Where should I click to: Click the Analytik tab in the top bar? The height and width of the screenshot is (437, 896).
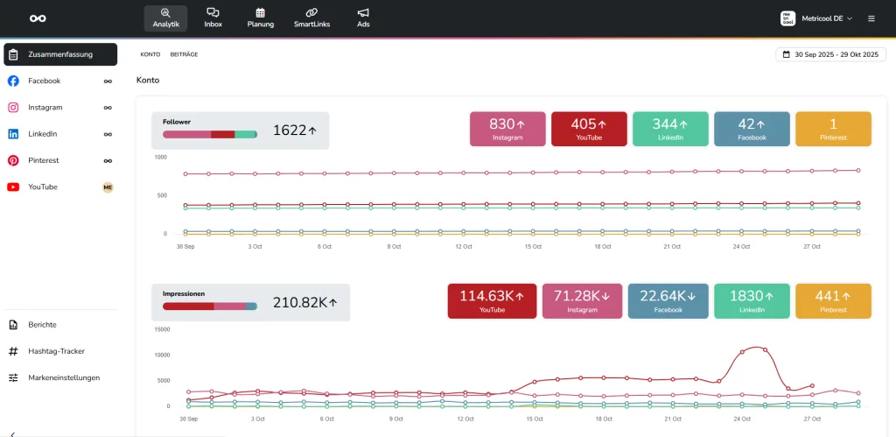point(164,18)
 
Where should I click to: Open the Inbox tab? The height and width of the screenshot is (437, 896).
point(213,18)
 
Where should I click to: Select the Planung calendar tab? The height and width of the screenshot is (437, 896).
point(261,18)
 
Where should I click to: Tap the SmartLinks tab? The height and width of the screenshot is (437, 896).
point(311,18)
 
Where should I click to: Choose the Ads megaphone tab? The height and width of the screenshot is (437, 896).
point(363,18)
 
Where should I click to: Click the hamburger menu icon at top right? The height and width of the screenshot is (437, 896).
point(871,18)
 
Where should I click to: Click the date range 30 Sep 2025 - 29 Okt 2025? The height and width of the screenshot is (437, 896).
point(831,54)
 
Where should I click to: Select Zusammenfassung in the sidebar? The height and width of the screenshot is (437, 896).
point(60,54)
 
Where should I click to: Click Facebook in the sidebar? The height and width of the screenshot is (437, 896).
point(45,81)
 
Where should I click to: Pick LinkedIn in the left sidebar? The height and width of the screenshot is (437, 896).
point(43,134)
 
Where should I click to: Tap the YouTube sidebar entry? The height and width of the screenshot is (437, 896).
point(43,187)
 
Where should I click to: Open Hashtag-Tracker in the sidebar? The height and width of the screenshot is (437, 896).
point(57,351)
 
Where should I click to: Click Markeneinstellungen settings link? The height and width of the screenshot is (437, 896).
point(64,377)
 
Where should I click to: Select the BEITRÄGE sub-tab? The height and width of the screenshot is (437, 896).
point(184,54)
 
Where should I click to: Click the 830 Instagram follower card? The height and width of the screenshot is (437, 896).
point(507,129)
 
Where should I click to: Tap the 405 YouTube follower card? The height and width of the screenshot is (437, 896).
point(589,129)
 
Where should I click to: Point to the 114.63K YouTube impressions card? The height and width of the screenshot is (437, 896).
point(492,301)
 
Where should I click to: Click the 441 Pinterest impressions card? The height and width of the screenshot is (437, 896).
point(833,301)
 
